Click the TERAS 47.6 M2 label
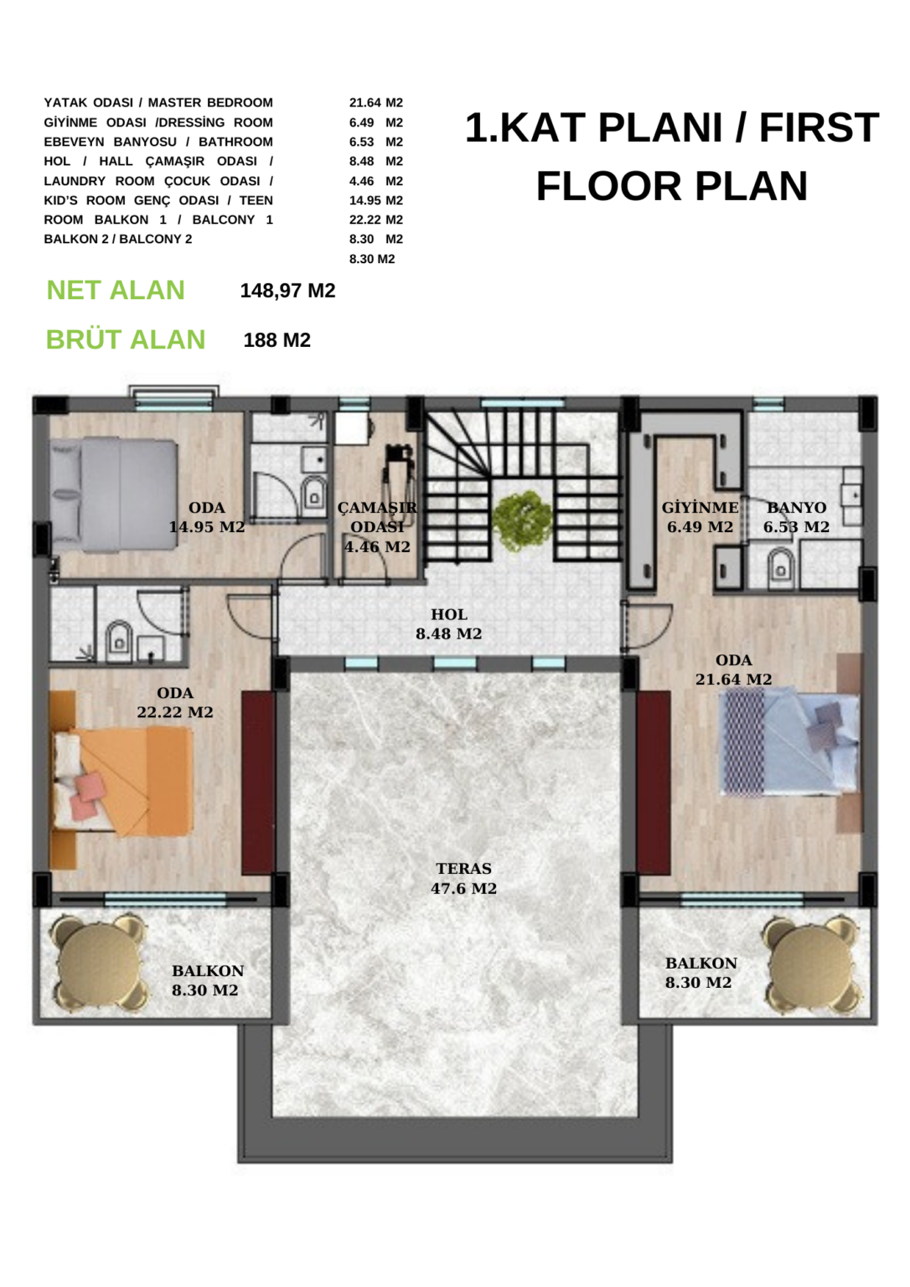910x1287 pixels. click(463, 878)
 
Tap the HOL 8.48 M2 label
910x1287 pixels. click(448, 624)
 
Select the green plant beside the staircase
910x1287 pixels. click(522, 522)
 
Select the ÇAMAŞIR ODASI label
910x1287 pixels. click(377, 527)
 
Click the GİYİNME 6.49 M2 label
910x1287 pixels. click(701, 517)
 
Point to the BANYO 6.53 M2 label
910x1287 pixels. click(796, 517)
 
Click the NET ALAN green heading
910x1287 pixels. click(116, 290)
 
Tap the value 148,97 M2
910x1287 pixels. click(287, 291)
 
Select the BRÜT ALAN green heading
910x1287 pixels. click(125, 339)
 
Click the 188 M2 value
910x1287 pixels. click(277, 340)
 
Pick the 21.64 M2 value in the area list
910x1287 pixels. click(376, 103)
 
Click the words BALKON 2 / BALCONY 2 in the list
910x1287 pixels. click(118, 239)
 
